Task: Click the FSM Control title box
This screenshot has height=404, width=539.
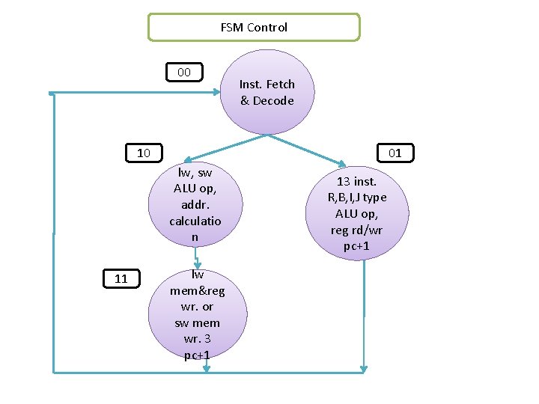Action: [x=254, y=27]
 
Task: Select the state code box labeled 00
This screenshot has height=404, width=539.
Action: [x=184, y=73]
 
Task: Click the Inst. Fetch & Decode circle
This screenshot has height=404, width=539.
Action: [x=267, y=92]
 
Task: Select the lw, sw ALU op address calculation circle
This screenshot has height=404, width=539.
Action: [x=195, y=204]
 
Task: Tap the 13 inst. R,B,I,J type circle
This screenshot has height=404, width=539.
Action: [x=357, y=214]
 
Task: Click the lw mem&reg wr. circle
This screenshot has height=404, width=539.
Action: [x=197, y=314]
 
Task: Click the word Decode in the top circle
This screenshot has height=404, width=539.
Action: [x=274, y=101]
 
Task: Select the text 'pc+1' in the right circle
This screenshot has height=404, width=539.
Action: [x=357, y=246]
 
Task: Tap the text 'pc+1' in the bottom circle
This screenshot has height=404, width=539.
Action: [x=196, y=355]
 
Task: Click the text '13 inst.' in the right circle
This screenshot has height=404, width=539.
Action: [x=357, y=181]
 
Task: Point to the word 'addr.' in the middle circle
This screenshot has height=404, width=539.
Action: [x=195, y=204]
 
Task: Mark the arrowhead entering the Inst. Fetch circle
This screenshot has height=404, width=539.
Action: [x=217, y=94]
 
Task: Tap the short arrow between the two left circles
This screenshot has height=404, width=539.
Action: [x=196, y=258]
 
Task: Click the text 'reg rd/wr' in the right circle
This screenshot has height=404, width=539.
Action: [x=357, y=230]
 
